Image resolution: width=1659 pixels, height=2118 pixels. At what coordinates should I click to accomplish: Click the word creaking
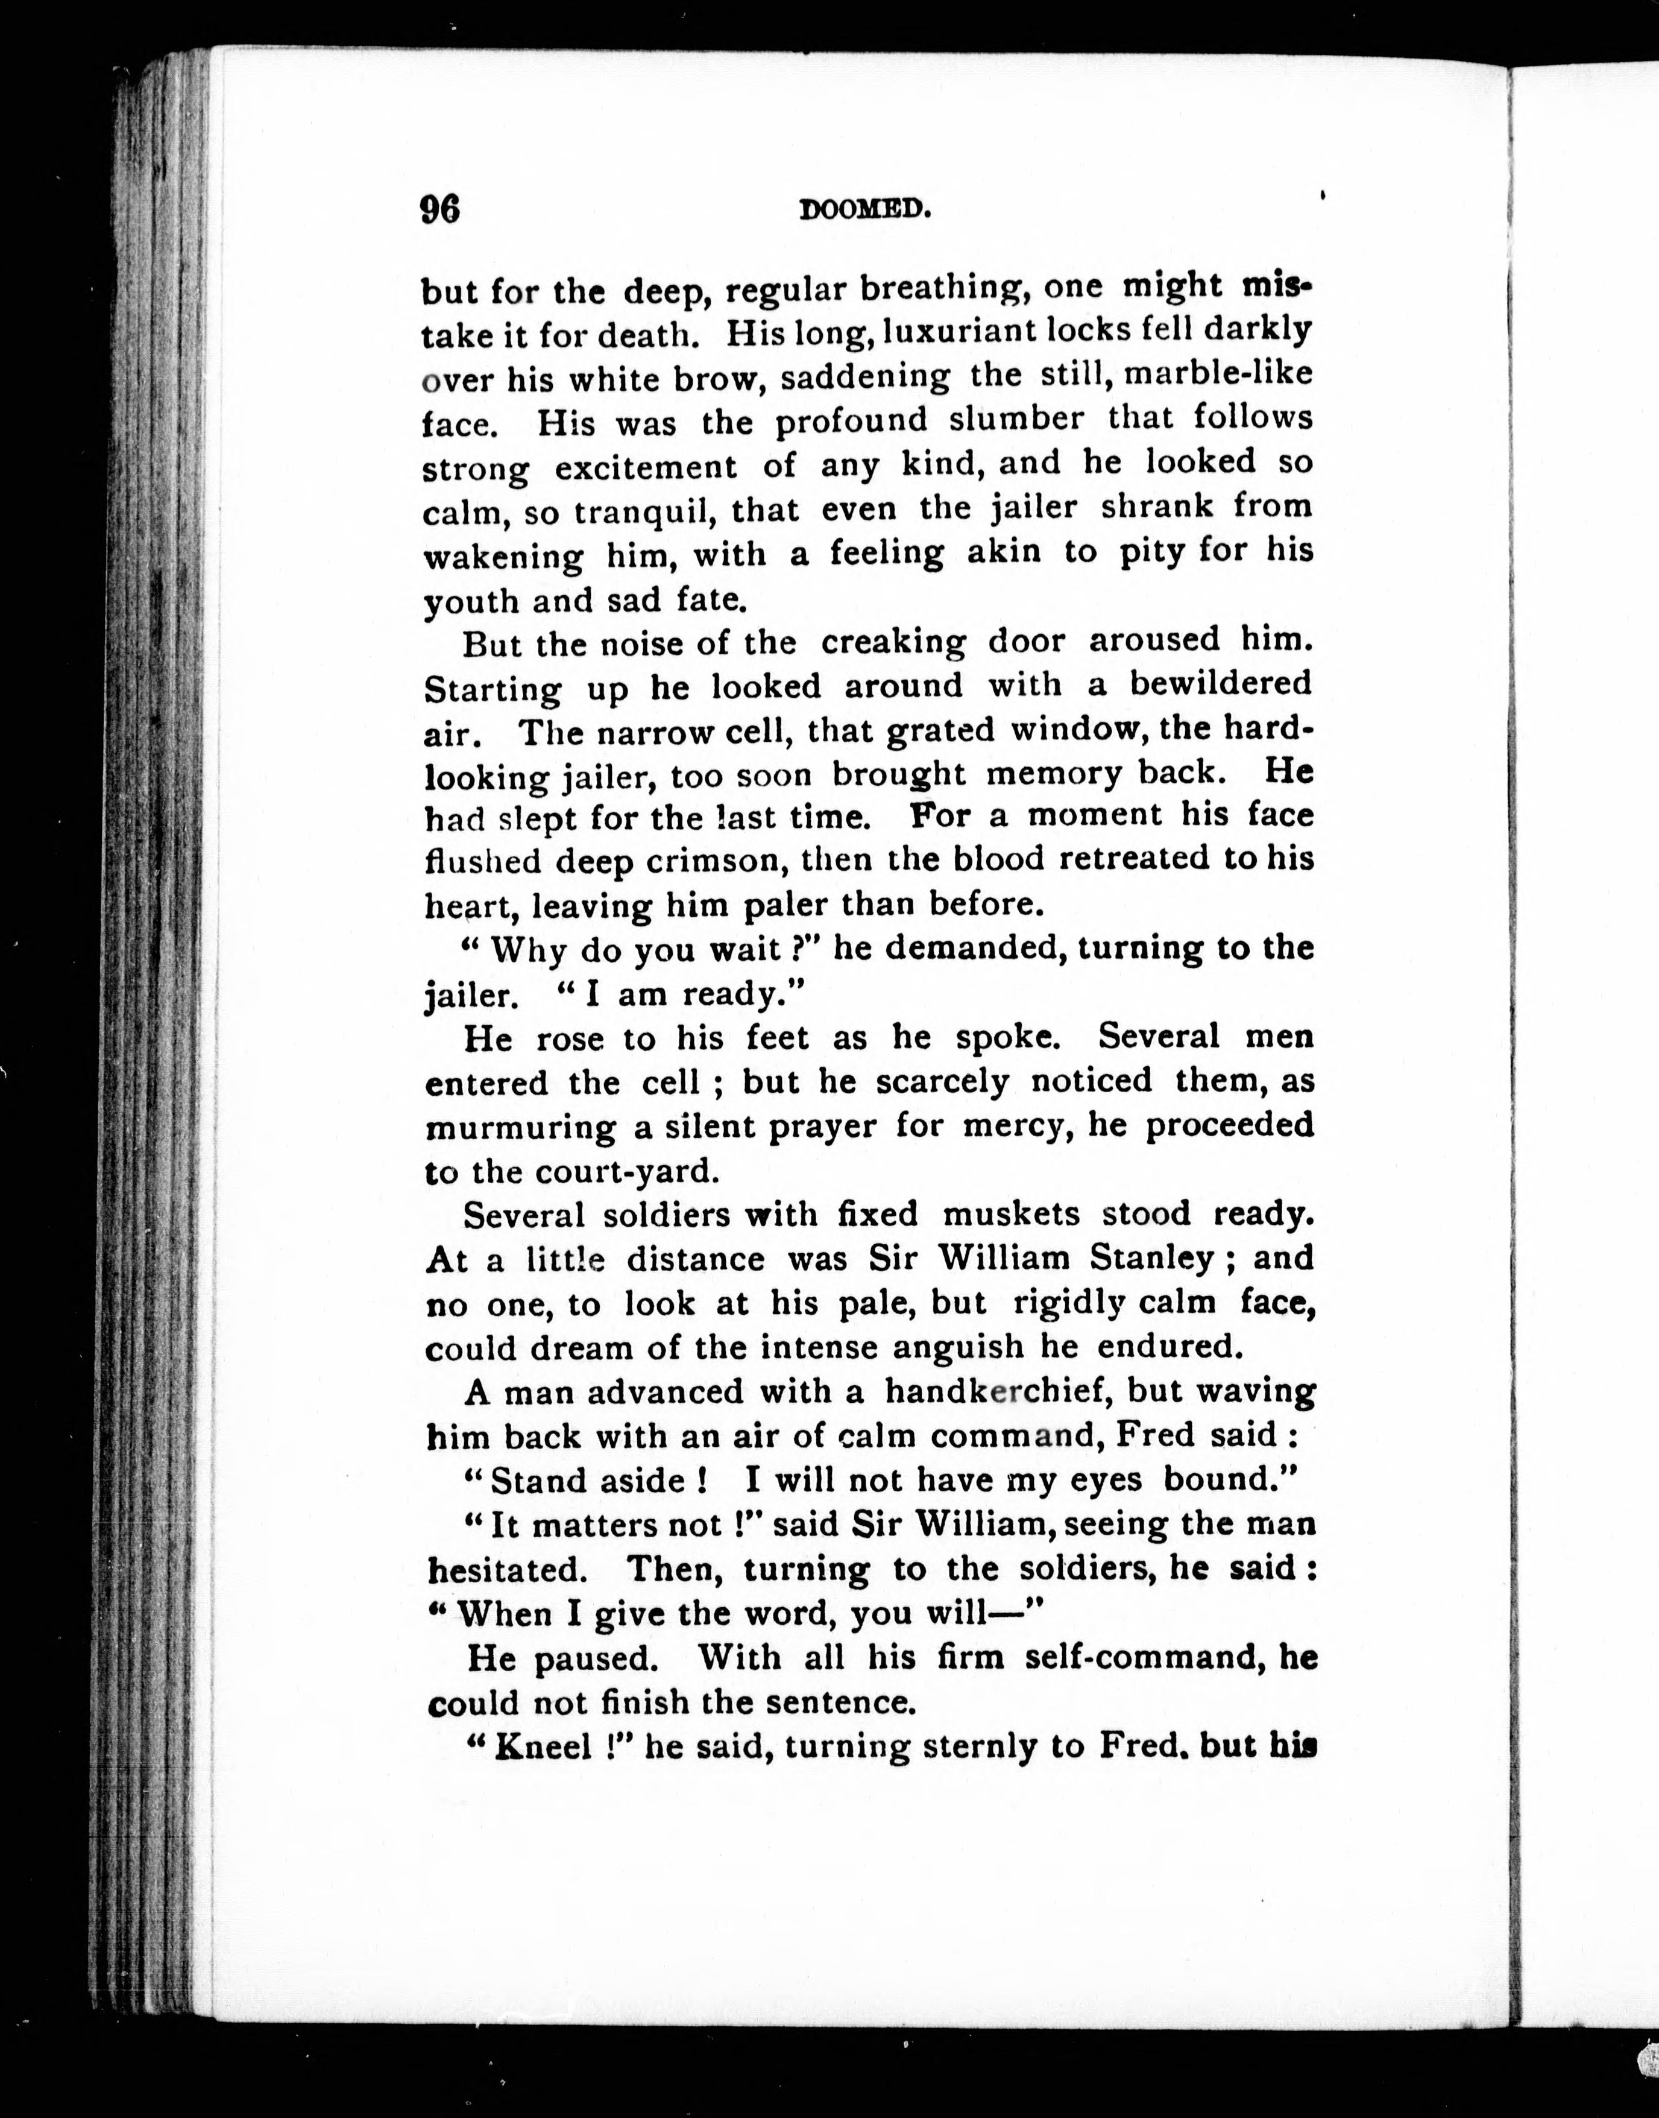(893, 642)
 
